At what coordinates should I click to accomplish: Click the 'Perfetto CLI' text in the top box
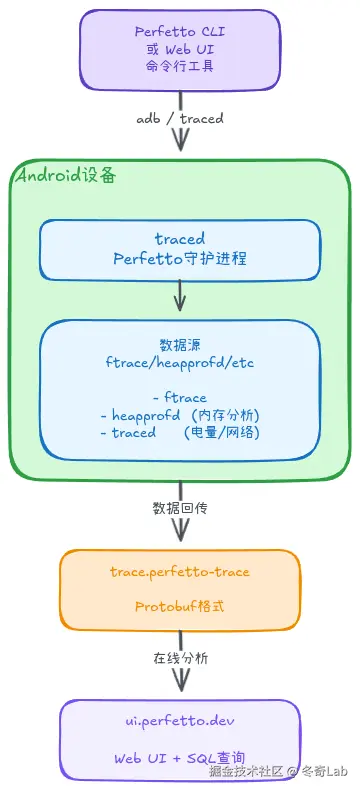coord(180,31)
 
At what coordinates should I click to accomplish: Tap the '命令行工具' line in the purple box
coord(180,66)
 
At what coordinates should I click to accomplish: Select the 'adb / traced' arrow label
coord(180,118)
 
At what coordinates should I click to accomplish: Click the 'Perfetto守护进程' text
coord(180,258)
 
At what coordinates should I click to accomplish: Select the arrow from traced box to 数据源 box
coord(180,296)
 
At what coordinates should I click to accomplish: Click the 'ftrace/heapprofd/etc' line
coord(180,361)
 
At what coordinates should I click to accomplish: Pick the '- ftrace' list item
coord(180,398)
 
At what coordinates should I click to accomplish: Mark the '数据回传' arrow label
coord(180,507)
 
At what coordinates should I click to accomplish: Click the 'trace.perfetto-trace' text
coord(180,572)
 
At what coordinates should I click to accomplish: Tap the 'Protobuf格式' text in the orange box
coord(180,606)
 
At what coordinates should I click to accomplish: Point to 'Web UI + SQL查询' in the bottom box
coord(180,757)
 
